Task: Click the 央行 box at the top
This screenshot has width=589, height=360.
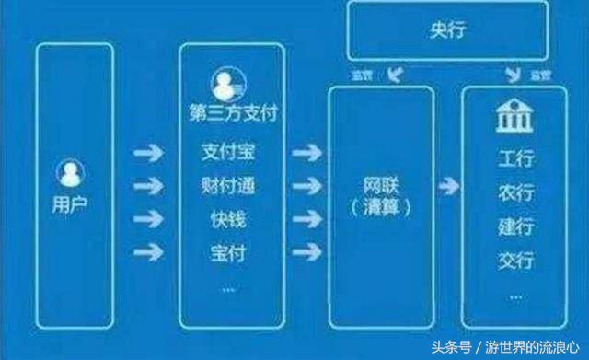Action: click(x=447, y=31)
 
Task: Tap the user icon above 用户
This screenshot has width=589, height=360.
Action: click(x=71, y=172)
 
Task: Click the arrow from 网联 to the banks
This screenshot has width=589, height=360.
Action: click(x=448, y=187)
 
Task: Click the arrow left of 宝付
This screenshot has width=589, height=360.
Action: click(x=147, y=251)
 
